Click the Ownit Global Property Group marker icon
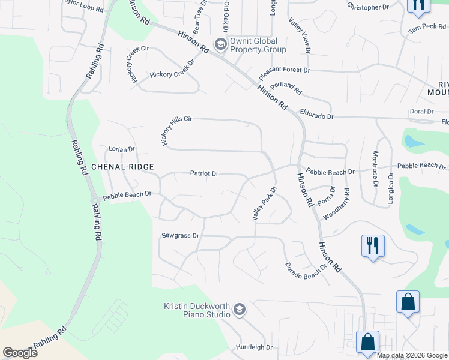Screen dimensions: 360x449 click(221, 44)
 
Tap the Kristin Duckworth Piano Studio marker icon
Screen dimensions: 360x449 click(239, 310)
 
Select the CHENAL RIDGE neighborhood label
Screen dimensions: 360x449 click(122, 167)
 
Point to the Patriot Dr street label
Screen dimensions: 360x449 click(204, 173)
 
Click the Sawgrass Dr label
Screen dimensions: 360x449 click(180, 236)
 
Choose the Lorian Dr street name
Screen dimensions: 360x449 click(122, 149)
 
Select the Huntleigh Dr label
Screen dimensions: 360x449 click(254, 347)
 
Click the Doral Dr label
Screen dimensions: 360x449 click(421, 112)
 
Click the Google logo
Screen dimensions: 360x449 click(20, 353)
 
